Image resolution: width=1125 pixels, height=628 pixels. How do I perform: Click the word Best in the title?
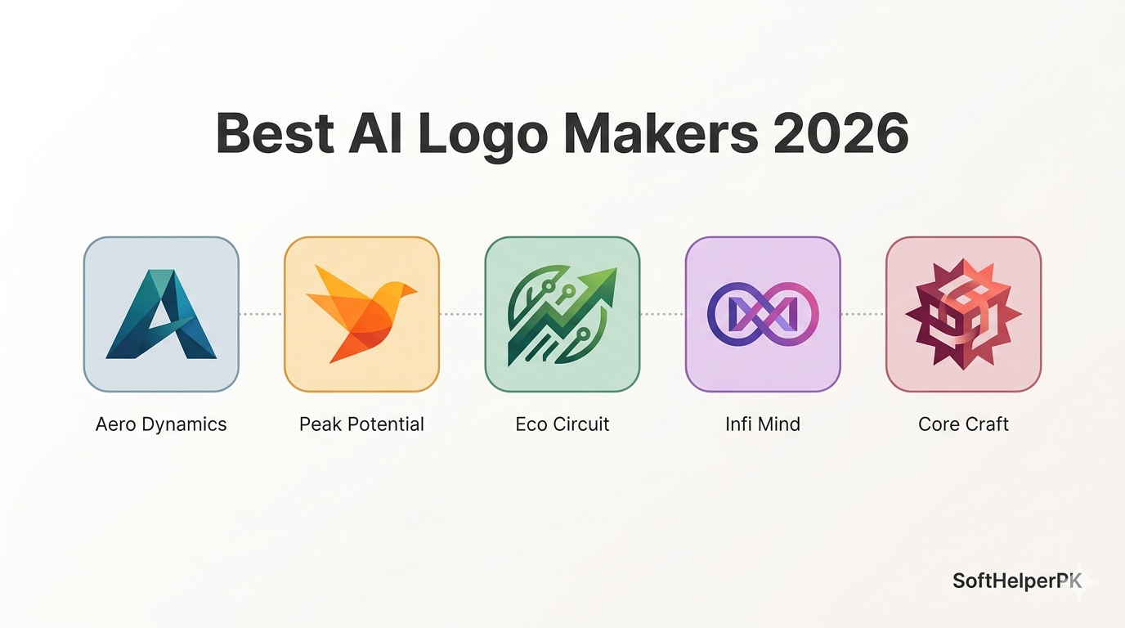(275, 133)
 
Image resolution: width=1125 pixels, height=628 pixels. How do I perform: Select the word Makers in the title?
(661, 133)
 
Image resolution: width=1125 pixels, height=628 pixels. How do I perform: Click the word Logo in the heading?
(482, 136)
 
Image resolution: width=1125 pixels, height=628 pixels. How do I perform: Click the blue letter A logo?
(161, 315)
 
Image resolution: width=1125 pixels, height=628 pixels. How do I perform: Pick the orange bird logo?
(361, 313)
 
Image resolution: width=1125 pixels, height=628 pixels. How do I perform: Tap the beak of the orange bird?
(410, 290)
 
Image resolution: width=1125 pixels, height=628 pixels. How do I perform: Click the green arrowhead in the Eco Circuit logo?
(601, 285)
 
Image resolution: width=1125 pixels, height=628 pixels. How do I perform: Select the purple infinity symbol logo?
(763, 315)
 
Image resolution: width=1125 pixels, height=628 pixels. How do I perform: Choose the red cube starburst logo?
(963, 315)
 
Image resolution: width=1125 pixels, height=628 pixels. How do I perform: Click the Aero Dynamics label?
(161, 424)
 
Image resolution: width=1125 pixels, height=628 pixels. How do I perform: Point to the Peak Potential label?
(361, 424)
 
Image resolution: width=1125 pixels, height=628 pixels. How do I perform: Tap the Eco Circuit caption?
(562, 424)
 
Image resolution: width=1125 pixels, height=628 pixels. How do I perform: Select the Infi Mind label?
(763, 424)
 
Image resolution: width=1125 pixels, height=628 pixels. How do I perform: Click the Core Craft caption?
(963, 424)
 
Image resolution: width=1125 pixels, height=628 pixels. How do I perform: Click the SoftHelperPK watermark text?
(1018, 581)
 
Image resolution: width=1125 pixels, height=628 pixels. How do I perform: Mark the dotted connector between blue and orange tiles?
(261, 315)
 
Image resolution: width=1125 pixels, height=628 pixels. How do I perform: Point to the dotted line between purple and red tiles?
(863, 315)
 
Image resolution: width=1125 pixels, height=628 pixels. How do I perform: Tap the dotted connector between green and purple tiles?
(662, 315)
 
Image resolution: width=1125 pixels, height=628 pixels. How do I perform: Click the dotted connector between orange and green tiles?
(462, 315)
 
